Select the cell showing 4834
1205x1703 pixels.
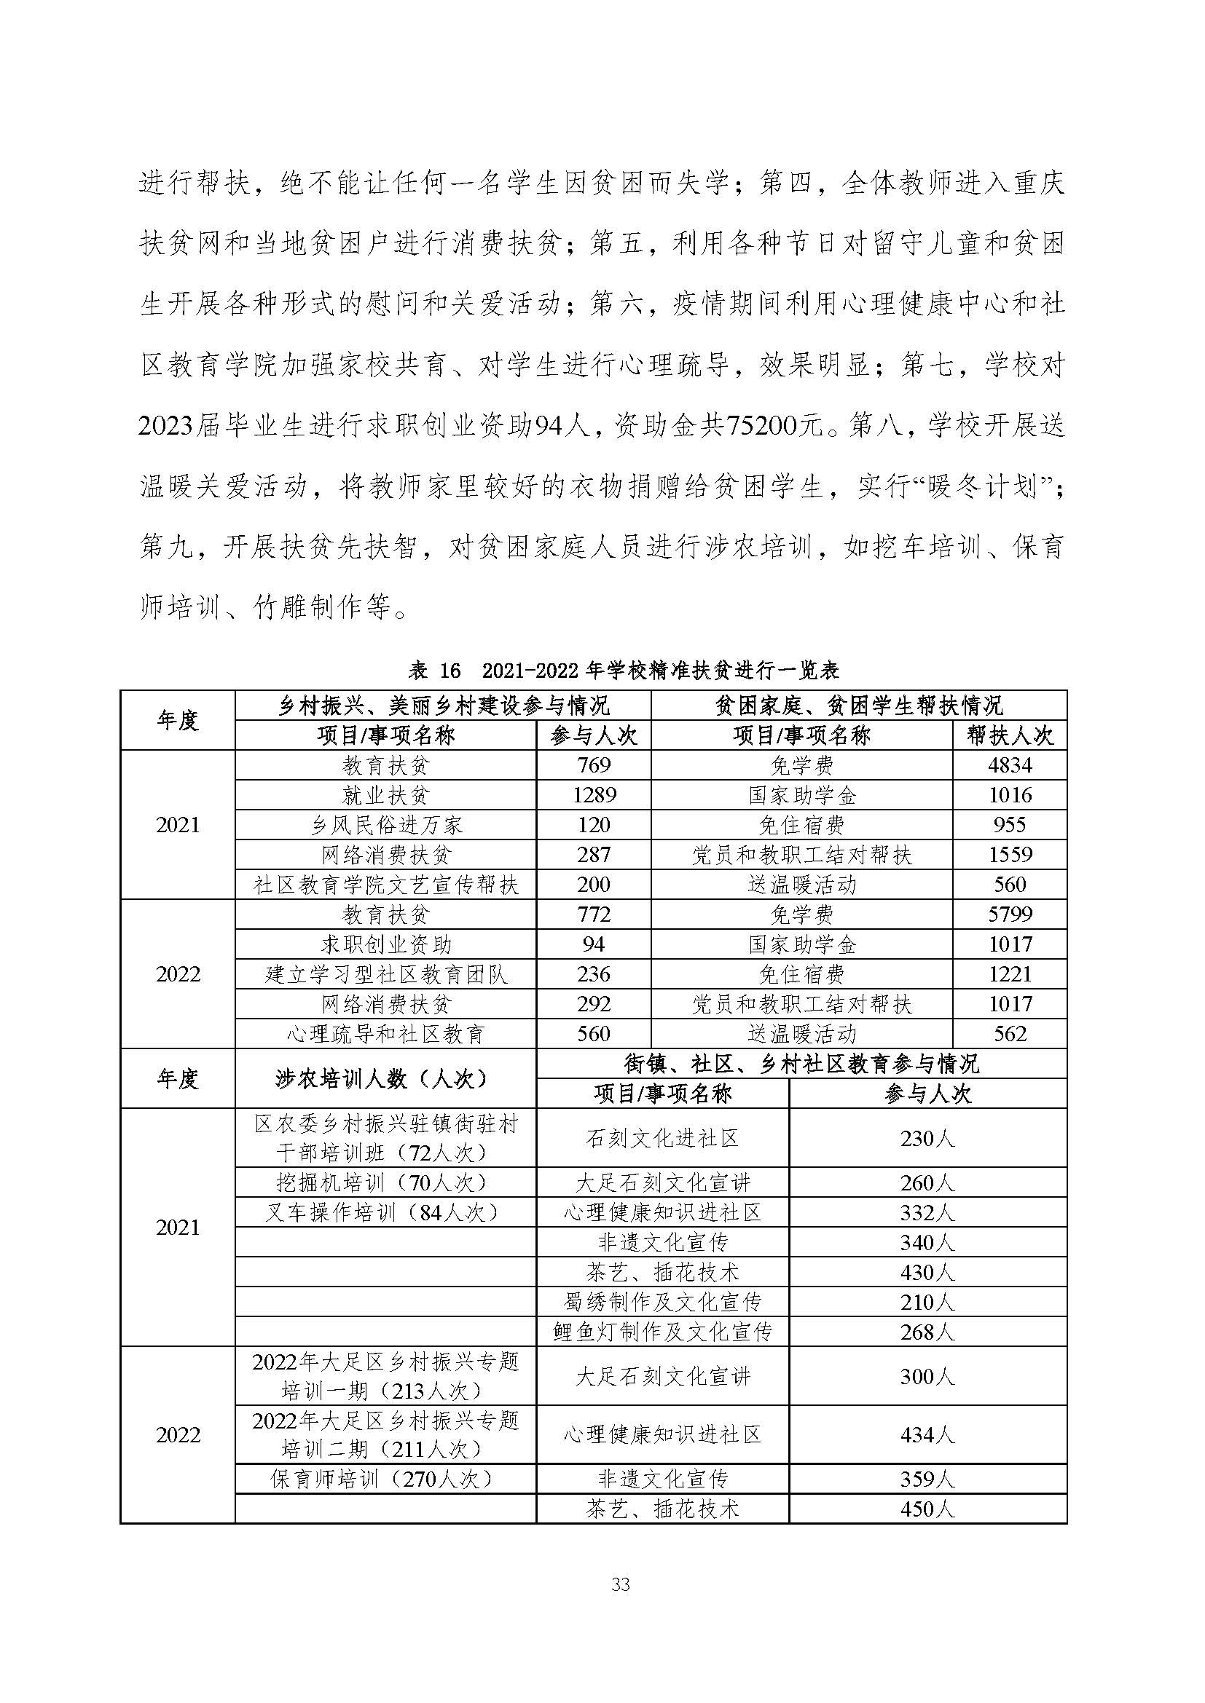click(x=1009, y=764)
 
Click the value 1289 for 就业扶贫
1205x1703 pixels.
click(x=594, y=795)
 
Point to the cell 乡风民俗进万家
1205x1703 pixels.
click(x=386, y=825)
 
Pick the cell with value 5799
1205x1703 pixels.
click(x=1009, y=914)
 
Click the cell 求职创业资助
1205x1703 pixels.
click(x=386, y=944)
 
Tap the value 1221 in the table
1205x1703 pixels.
click(x=1009, y=974)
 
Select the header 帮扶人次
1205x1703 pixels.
click(x=1009, y=735)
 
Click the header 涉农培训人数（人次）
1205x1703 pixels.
click(x=386, y=1078)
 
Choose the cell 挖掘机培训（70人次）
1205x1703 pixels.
click(x=386, y=1182)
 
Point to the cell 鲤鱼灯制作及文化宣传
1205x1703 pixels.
click(x=662, y=1332)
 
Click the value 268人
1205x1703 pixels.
click(x=927, y=1332)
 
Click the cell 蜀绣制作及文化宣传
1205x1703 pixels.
click(x=662, y=1302)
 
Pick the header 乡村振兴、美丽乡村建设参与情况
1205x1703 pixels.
click(x=443, y=705)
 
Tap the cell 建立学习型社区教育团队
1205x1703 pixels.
click(x=386, y=974)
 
